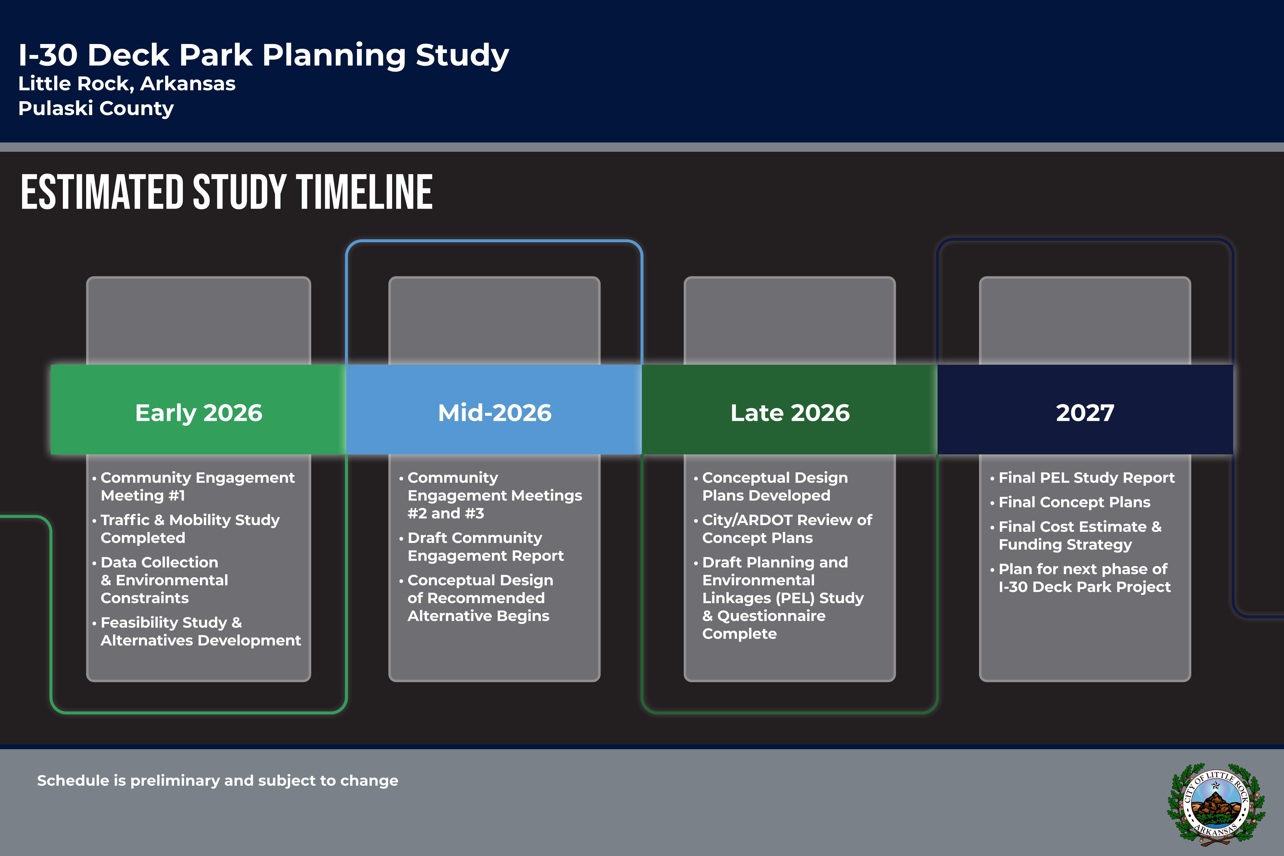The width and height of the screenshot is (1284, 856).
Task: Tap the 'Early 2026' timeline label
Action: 199,413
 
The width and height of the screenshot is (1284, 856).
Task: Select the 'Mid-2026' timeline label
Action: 495,413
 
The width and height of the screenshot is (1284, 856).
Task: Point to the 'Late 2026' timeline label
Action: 790,413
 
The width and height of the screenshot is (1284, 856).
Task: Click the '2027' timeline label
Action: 1085,413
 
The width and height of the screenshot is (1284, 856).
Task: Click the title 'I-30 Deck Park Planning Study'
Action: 264,55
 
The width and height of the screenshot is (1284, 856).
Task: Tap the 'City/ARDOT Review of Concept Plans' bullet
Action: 783,528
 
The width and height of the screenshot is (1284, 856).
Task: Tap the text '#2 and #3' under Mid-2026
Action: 445,513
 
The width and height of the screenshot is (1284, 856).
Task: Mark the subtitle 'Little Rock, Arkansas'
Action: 127,83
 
